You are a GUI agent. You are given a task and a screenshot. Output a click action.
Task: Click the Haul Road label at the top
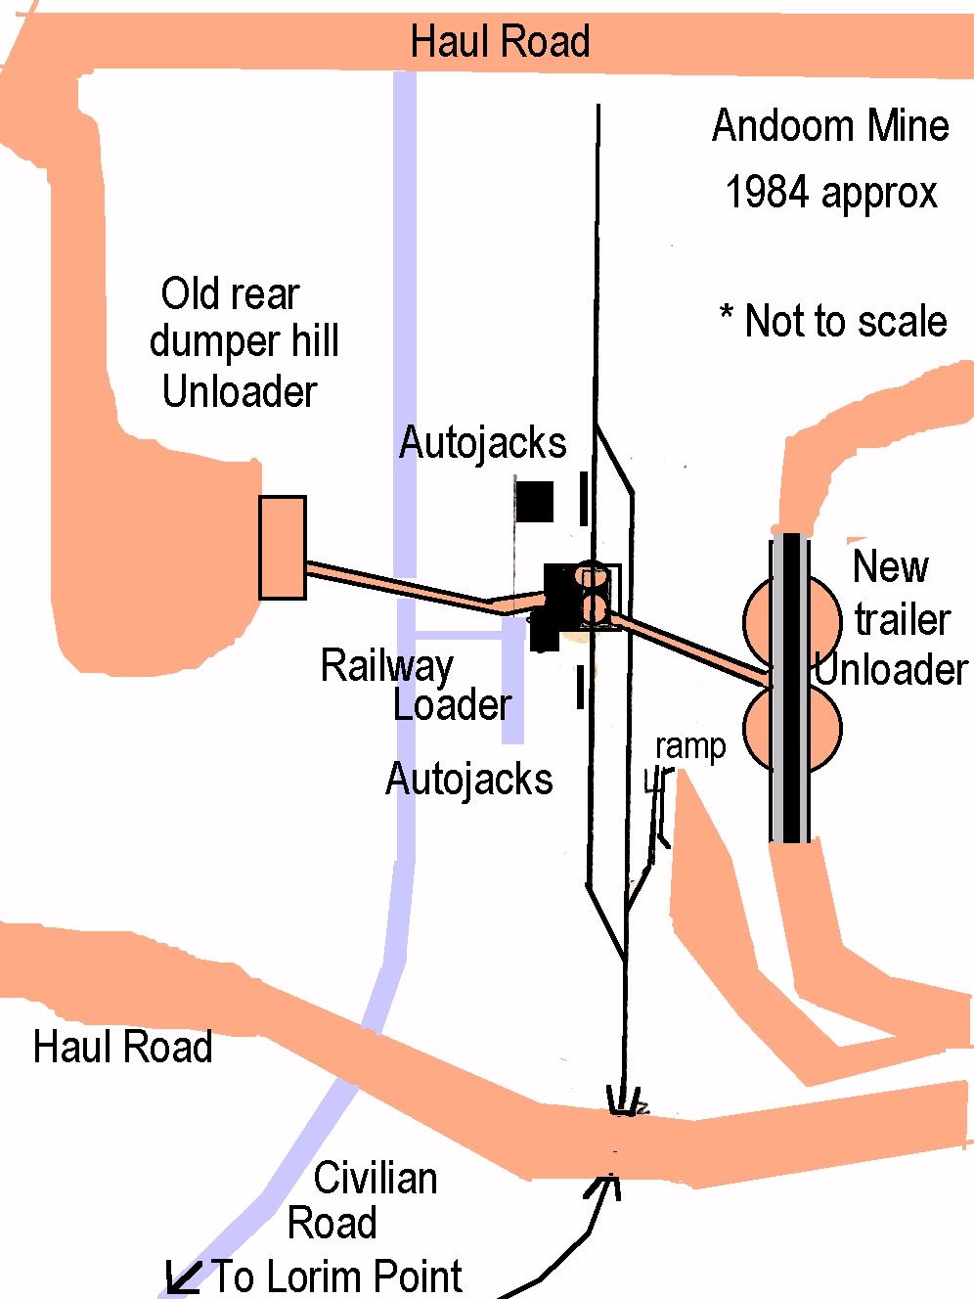(500, 42)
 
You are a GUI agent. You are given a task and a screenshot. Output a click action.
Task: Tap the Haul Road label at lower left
(122, 1047)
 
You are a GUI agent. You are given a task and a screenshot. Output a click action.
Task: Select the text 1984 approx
(830, 193)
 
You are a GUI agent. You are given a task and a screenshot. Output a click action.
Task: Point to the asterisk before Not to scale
(727, 315)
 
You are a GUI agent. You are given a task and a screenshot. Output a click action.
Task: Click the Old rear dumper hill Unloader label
(243, 342)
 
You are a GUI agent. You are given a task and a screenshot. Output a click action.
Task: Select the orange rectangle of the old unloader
(282, 548)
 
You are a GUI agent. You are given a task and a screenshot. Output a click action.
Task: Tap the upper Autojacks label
(482, 443)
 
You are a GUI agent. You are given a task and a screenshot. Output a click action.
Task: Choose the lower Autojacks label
(469, 780)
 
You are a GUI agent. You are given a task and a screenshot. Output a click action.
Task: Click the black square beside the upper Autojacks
(535, 502)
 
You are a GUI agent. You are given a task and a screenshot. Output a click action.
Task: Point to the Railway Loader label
(416, 685)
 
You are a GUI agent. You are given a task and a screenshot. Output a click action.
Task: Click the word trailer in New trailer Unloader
(902, 619)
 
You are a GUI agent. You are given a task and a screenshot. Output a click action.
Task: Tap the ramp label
(690, 747)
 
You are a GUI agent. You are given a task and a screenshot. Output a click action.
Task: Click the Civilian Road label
(362, 1200)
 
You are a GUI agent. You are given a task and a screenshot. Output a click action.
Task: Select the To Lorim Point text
(337, 1277)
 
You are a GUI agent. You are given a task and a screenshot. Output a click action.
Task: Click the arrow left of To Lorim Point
(182, 1277)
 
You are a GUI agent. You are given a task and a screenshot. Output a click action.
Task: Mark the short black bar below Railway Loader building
(581, 686)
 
